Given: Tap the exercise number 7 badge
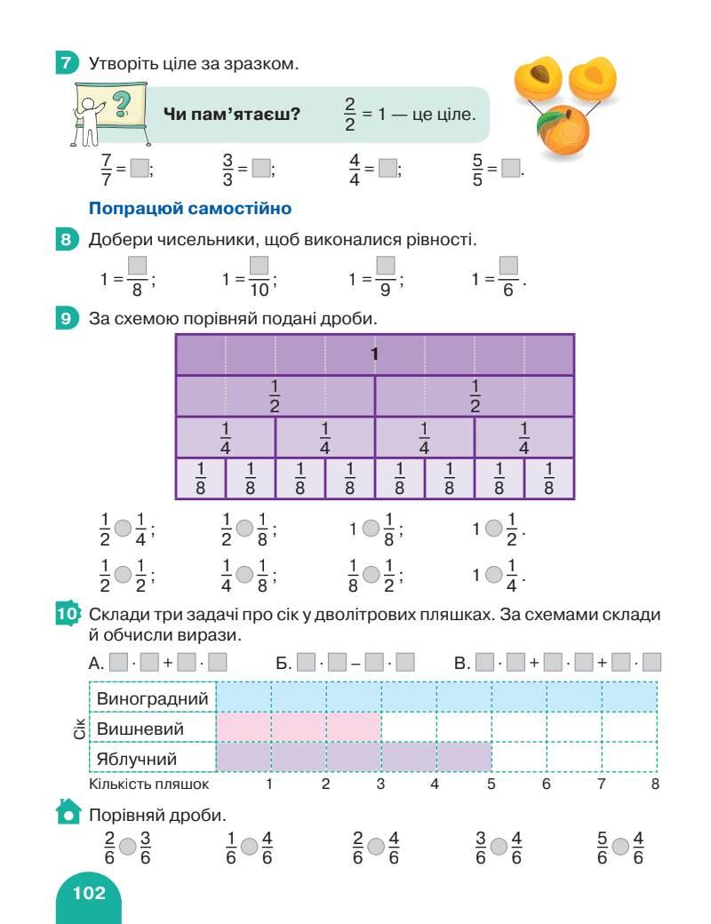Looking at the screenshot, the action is click(x=66, y=63).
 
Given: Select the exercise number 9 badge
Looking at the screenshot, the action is click(x=66, y=317).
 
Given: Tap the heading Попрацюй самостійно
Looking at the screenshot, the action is click(x=190, y=210).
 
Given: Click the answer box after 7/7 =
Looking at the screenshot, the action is click(x=140, y=167).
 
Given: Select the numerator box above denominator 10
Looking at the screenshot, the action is click(x=259, y=266).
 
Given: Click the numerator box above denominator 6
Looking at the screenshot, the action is click(x=508, y=266).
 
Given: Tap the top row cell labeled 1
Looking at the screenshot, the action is click(x=374, y=354).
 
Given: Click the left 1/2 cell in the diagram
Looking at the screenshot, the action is click(x=275, y=396).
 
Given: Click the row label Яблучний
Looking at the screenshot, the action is click(x=137, y=758).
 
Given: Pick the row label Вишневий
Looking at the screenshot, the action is click(x=140, y=729).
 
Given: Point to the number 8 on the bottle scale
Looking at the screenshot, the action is click(x=655, y=784).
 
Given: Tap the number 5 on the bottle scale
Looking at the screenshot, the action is click(x=490, y=784).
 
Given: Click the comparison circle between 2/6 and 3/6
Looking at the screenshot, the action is click(x=128, y=848).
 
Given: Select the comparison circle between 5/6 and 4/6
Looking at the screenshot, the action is click(x=620, y=848).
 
